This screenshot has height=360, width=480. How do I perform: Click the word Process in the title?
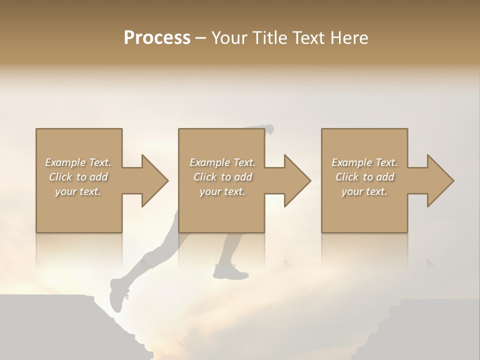[x=157, y=37]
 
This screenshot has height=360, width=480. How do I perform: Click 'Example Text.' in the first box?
[x=78, y=162]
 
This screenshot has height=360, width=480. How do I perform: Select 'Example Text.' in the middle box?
[x=222, y=162]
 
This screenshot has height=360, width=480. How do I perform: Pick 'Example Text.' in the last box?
[x=364, y=162]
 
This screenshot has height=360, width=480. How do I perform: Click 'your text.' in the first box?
[x=78, y=191]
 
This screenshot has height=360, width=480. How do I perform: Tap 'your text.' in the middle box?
[x=222, y=191]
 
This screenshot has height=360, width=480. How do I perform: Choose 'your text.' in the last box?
[x=364, y=191]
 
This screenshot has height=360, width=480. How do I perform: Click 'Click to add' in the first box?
[x=78, y=177]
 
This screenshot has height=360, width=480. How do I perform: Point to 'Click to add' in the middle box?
[x=222, y=177]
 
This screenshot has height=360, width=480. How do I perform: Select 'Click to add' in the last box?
[x=364, y=177]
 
